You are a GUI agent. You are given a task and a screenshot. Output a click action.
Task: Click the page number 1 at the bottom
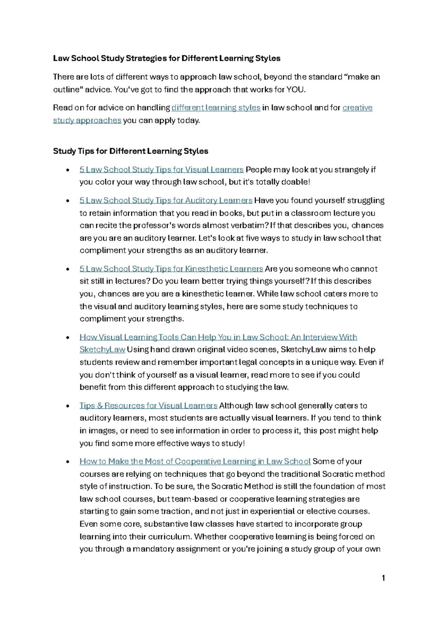383,578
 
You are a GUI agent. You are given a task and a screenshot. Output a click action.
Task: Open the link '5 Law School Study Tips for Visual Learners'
161,170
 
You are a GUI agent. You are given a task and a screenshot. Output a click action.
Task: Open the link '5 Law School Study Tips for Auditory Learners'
166,200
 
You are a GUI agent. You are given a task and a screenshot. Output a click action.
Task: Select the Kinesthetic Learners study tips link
171,269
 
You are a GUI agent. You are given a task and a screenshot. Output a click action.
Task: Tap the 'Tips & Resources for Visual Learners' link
148,405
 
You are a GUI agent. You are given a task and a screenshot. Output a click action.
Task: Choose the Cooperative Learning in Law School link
195,461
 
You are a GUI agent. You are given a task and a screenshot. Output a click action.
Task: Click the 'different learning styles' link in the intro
216,108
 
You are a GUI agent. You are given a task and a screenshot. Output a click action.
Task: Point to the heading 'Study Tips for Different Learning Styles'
131,151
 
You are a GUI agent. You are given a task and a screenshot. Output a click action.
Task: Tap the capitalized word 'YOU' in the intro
295,90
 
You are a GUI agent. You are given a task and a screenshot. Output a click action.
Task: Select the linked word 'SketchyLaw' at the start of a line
102,349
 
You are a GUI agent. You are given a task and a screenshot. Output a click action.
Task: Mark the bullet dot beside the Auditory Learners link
67,201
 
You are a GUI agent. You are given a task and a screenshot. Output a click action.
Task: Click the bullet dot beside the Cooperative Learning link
67,462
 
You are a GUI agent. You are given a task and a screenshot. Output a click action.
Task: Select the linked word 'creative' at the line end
357,108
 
